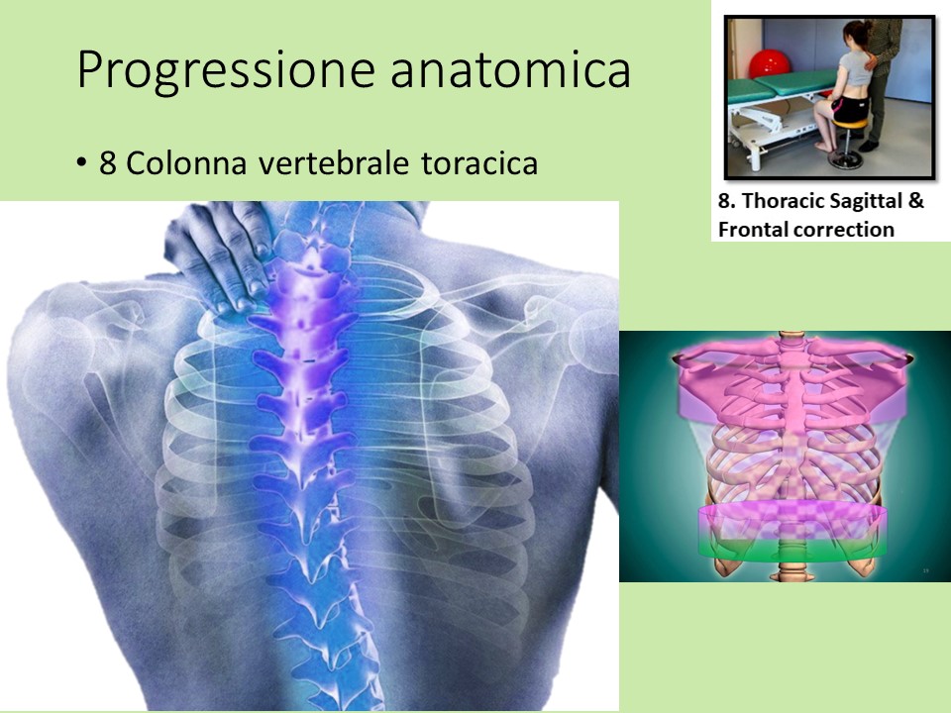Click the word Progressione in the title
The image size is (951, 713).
[x=226, y=71]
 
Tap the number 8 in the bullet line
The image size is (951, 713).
[x=108, y=163]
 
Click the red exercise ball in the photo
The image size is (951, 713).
[x=768, y=63]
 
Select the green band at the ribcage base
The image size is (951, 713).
[x=792, y=546]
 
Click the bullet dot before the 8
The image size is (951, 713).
[x=81, y=163]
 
